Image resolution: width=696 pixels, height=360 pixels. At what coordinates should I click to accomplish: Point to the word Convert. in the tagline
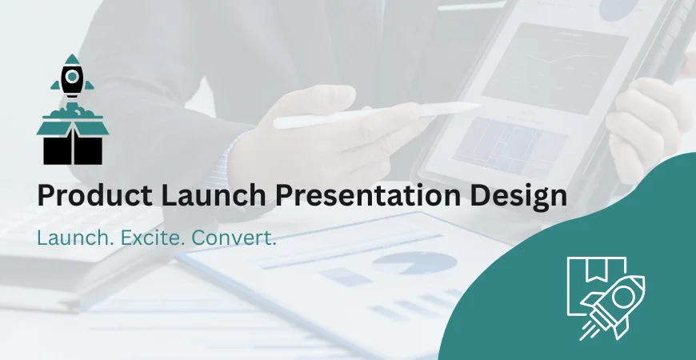238,238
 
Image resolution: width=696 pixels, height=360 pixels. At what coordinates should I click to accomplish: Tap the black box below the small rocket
73,148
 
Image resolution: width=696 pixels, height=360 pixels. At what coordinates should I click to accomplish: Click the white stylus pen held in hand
376,115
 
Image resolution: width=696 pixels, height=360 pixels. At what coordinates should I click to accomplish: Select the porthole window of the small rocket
73,77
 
